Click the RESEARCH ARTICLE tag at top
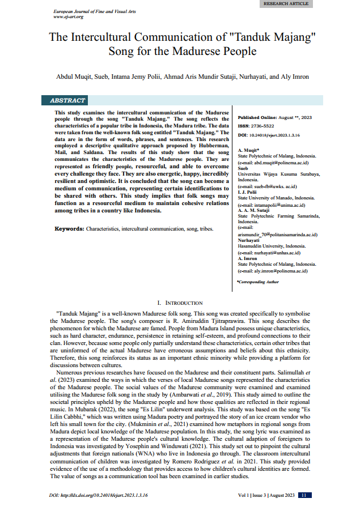286,3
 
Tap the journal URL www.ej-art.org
68,16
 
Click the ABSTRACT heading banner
68,100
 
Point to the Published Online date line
275,117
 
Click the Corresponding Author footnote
257,282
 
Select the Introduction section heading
180,303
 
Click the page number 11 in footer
303,495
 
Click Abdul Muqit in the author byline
72,76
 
